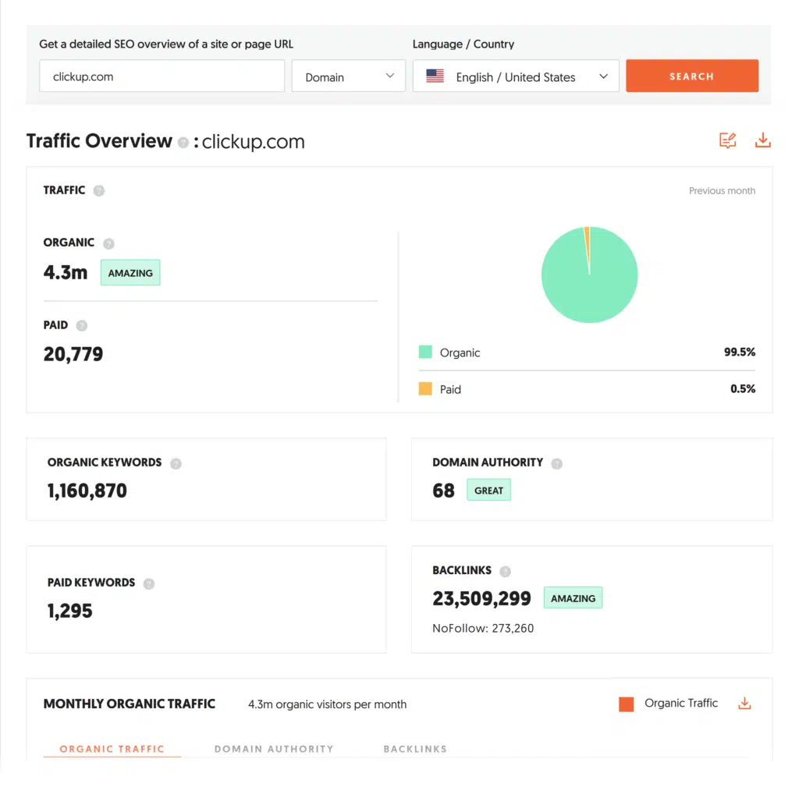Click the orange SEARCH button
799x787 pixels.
691,76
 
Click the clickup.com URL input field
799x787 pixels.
162,76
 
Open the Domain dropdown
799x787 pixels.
348,76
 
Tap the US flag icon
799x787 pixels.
435,76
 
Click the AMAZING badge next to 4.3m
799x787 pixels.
130,273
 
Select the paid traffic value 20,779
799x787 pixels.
73,354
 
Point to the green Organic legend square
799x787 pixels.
425,353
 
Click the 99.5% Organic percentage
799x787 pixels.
739,353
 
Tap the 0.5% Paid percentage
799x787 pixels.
743,388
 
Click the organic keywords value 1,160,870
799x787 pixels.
87,491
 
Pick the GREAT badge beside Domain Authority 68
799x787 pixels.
488,491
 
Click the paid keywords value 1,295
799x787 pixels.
70,611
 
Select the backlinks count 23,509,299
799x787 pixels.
481,598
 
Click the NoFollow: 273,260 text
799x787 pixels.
483,628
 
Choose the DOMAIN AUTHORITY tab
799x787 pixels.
274,749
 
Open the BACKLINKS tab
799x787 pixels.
415,749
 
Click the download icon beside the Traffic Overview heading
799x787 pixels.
762,140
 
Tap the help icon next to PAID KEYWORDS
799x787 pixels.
149,583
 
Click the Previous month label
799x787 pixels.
722,190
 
